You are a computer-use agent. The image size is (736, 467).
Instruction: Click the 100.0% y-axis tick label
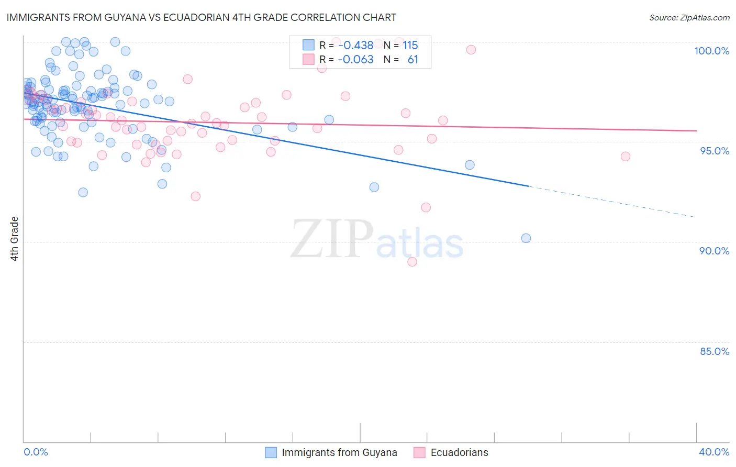(x=711, y=51)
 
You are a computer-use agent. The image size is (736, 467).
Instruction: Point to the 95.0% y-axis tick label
(x=714, y=151)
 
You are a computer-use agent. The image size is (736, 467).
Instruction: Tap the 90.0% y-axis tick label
(x=714, y=251)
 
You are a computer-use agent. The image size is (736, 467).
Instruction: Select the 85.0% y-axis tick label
(x=714, y=351)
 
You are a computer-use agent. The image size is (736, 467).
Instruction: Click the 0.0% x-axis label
(x=36, y=452)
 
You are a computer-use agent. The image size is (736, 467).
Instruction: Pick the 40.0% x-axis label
(x=714, y=452)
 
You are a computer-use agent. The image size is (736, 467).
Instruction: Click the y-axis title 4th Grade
(x=15, y=239)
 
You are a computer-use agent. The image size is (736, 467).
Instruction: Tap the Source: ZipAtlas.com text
(x=689, y=18)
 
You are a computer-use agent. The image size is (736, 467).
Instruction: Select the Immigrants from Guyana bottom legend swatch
(x=271, y=452)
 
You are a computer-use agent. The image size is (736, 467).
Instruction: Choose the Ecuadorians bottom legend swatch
(x=419, y=452)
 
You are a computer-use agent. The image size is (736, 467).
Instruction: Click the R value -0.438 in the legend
(x=355, y=45)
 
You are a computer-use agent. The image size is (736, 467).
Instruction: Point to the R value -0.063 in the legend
(x=355, y=59)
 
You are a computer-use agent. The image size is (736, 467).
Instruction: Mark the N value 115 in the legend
(x=410, y=45)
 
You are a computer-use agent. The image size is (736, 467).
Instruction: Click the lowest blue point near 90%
(x=526, y=238)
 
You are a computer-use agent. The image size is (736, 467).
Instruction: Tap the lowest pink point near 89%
(x=412, y=262)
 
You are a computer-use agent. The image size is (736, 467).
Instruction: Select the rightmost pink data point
(x=625, y=156)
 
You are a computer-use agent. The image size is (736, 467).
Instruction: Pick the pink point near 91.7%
(x=426, y=207)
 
